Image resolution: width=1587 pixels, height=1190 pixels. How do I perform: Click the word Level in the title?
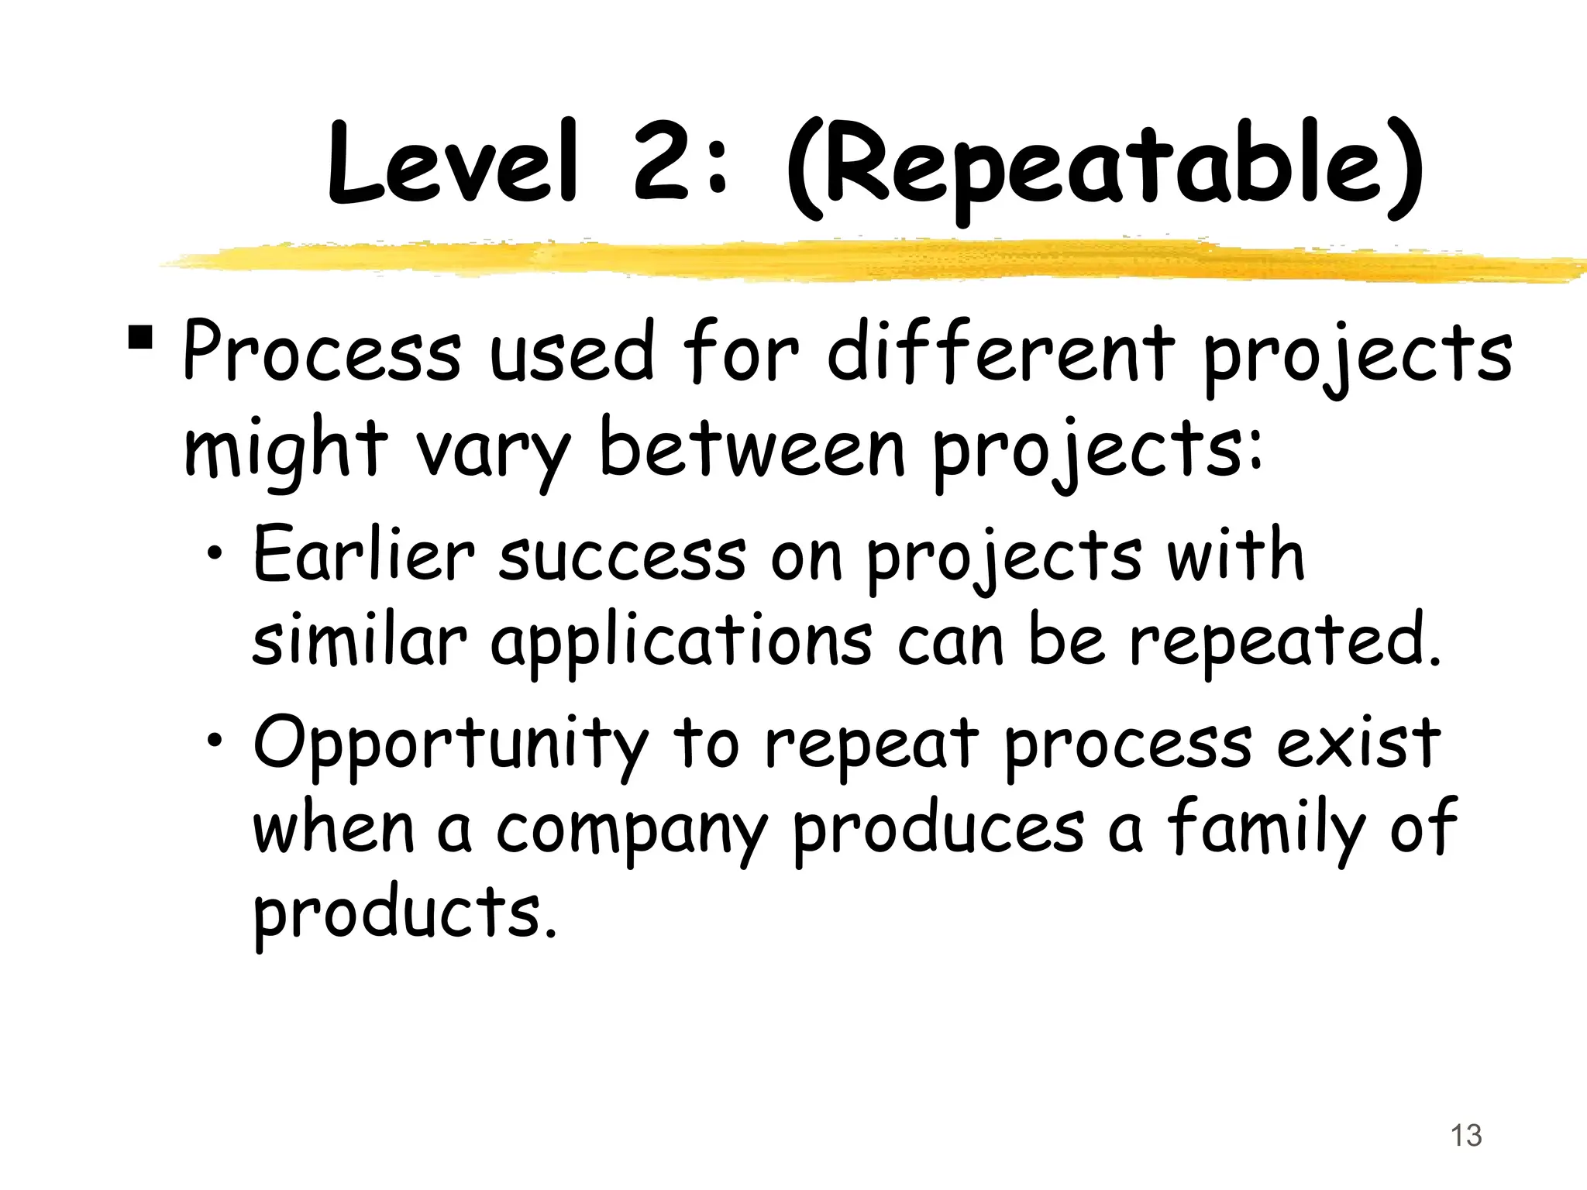453,164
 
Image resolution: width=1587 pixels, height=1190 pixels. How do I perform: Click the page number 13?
1465,1137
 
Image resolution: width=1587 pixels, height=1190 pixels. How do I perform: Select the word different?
1000,353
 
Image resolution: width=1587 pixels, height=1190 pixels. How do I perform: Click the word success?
621,556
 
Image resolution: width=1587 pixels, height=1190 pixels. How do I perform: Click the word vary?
492,452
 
